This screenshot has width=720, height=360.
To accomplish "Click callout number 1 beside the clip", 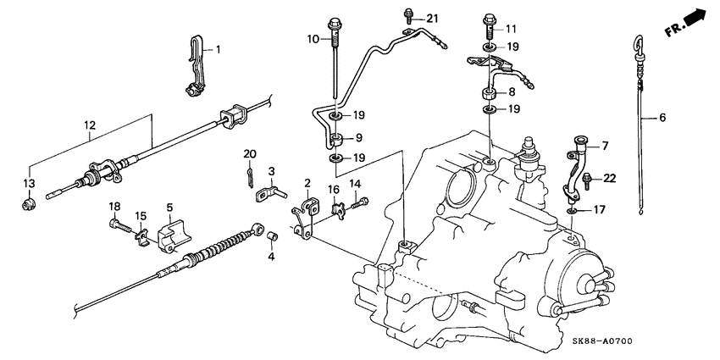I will pyautogui.click(x=217, y=50).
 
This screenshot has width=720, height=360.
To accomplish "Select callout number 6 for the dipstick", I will pyautogui.click(x=662, y=119).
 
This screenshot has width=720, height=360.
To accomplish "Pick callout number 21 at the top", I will pyautogui.click(x=433, y=19).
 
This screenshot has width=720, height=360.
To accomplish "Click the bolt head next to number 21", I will pyautogui.click(x=410, y=14).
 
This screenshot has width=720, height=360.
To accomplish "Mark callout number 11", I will pyautogui.click(x=511, y=28).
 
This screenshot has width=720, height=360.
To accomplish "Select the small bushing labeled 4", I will pyautogui.click(x=274, y=235).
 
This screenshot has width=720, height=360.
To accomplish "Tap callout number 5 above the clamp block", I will pyautogui.click(x=169, y=207).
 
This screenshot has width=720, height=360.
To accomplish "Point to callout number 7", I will pyautogui.click(x=604, y=146).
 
